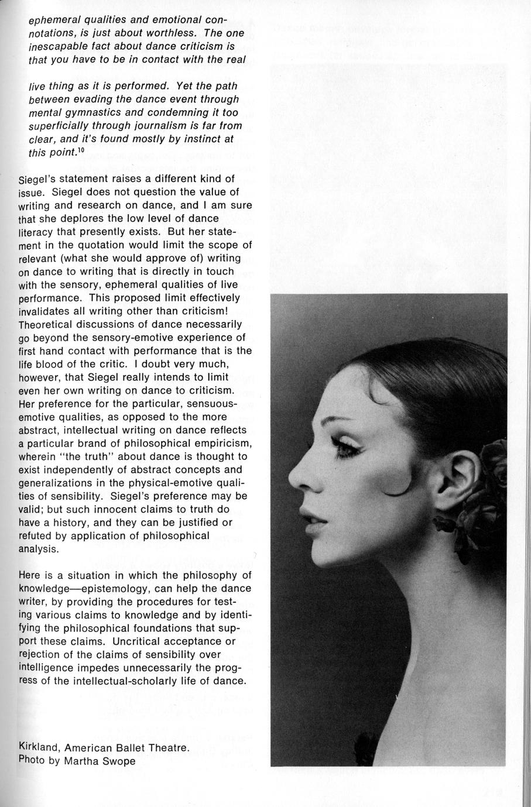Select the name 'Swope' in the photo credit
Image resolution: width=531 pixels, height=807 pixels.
pyautogui.click(x=118, y=761)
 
